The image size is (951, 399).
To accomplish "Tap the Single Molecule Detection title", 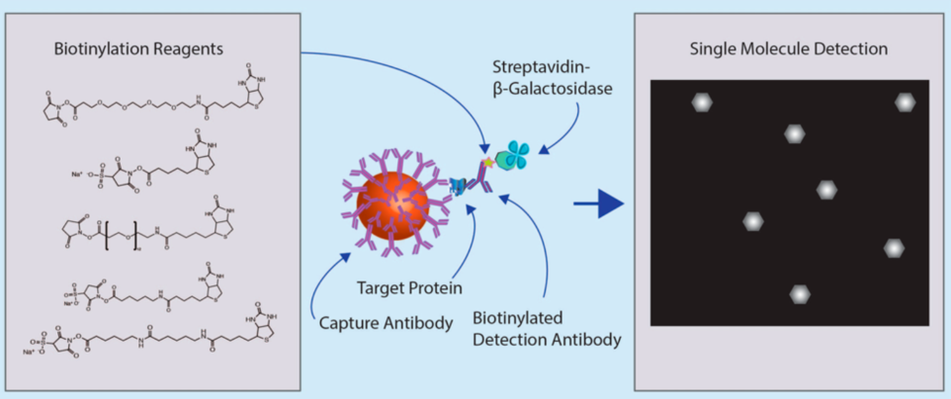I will pos(789,47).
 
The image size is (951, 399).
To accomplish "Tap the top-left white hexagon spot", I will pos(701,102).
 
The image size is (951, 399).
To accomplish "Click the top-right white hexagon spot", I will pos(904,103).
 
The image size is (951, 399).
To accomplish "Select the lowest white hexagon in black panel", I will pos(801,292).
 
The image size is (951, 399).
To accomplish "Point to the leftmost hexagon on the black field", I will pos(754,222).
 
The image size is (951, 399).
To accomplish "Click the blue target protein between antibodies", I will pos(458,185).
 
